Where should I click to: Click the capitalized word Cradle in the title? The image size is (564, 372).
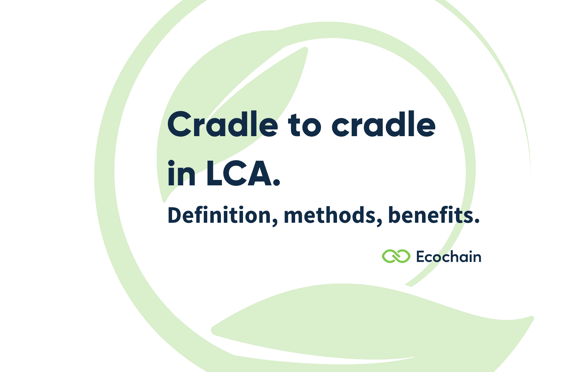click(223, 124)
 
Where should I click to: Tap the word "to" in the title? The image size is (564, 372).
click(304, 125)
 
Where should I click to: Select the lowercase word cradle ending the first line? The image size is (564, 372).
click(383, 124)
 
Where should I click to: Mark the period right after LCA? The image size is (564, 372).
click(277, 182)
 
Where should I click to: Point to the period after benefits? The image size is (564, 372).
click(477, 221)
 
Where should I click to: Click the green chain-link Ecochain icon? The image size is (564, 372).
click(396, 256)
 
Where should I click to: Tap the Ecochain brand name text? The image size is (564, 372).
click(449, 257)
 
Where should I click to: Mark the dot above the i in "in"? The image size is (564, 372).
click(172, 163)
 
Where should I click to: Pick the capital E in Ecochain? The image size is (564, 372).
click(421, 257)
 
